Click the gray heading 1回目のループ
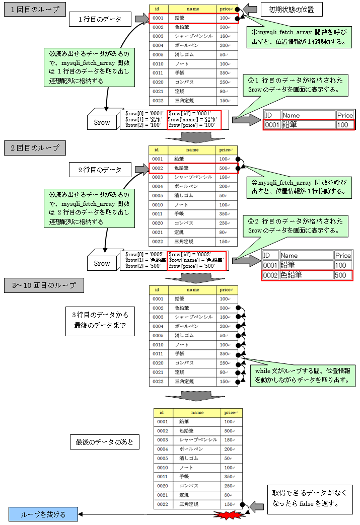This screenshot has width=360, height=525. (x=35, y=10)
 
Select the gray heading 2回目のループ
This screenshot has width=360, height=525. (x=35, y=148)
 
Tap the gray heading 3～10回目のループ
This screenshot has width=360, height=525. (x=43, y=286)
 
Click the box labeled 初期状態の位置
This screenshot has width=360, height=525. (x=292, y=10)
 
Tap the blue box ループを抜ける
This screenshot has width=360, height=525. (x=43, y=514)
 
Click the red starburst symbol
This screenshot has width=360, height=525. (x=230, y=514)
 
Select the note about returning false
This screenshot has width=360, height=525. (x=309, y=498)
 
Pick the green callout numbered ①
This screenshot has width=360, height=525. (x=299, y=37)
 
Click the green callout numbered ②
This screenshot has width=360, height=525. (x=89, y=66)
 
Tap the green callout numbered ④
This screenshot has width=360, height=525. (x=299, y=188)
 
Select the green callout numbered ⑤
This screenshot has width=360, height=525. (x=89, y=207)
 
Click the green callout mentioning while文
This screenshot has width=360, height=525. (x=302, y=376)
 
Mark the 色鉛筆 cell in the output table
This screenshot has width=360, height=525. (x=306, y=275)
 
